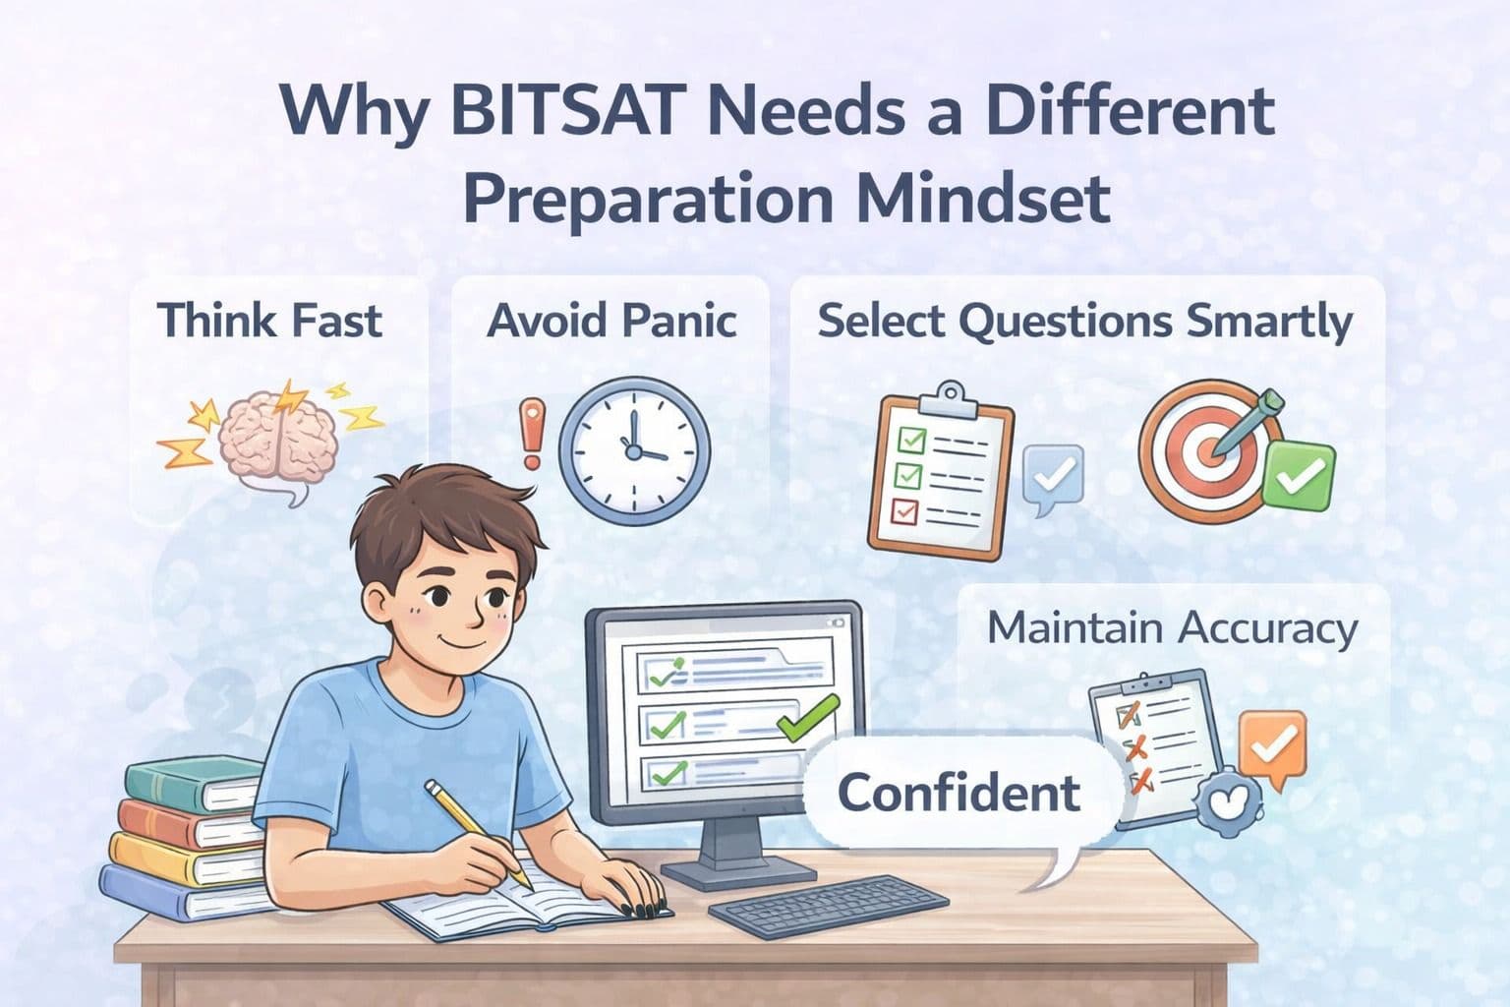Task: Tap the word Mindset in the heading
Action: point(984,196)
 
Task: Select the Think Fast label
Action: point(270,321)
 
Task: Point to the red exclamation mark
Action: point(532,434)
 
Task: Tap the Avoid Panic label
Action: point(611,321)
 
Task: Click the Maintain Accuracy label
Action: point(1172,628)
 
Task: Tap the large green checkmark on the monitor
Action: point(808,717)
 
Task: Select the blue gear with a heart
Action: point(1226,800)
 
